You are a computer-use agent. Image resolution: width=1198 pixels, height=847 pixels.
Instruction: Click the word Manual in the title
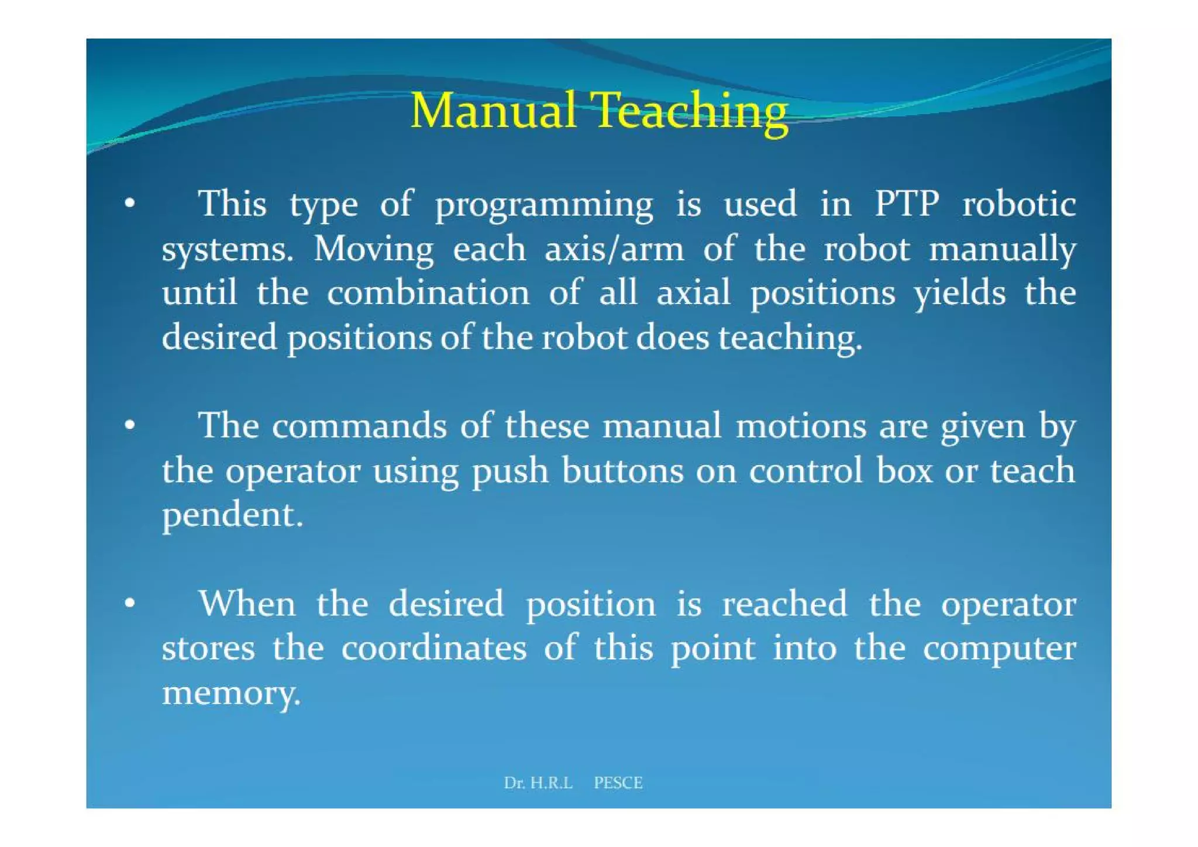click(x=493, y=111)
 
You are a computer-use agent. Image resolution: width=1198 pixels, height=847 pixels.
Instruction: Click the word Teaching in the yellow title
click(x=691, y=112)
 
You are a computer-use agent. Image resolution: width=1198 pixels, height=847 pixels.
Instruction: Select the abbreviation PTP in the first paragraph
click(x=906, y=204)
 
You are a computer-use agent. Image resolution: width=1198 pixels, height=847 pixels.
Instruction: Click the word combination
click(x=428, y=292)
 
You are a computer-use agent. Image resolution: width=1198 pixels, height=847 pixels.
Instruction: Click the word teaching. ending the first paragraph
click(x=790, y=339)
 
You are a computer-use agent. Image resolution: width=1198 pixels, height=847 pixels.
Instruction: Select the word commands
click(x=359, y=425)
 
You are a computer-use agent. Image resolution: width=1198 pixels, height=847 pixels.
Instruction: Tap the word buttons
click(x=622, y=471)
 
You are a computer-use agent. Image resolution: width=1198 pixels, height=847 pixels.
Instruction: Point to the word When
click(x=246, y=603)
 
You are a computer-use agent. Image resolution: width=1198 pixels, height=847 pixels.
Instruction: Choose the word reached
click(x=784, y=603)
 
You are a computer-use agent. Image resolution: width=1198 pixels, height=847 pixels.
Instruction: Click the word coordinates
click(x=433, y=648)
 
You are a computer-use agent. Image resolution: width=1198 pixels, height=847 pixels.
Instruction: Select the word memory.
click(x=231, y=694)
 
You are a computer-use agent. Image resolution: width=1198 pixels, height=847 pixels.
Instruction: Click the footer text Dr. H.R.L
click(x=538, y=783)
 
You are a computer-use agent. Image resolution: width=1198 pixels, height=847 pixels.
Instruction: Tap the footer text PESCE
click(x=618, y=783)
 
